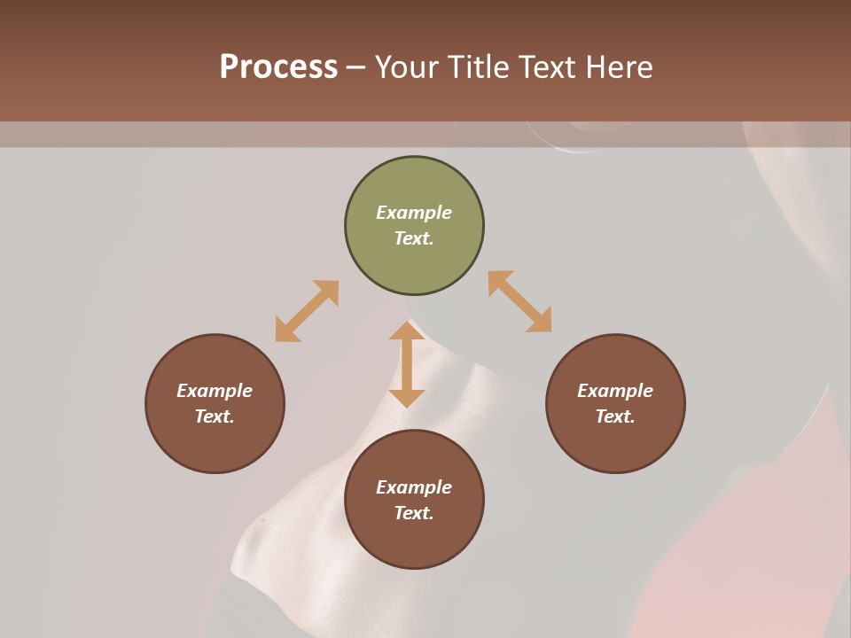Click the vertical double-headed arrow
(407, 364)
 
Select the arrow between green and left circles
(307, 311)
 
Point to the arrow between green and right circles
(519, 301)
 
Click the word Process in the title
(278, 67)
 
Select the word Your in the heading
(408, 67)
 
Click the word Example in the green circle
(414, 213)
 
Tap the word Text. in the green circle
(414, 238)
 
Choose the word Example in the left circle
(215, 391)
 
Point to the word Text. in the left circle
(215, 416)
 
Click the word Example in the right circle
(615, 391)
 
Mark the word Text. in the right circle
(615, 416)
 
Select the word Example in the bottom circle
(414, 487)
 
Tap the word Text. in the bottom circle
(414, 513)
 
